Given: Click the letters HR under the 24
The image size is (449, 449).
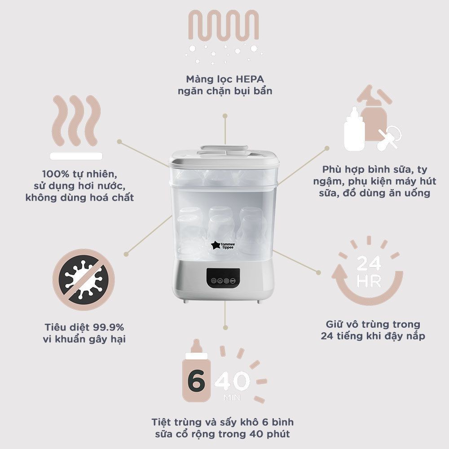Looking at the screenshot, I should tap(369, 282).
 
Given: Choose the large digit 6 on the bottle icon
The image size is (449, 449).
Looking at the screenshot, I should tap(196, 381).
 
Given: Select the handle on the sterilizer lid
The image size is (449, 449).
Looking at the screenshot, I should tap(224, 149).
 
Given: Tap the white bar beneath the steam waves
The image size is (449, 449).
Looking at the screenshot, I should tap(76, 156).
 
